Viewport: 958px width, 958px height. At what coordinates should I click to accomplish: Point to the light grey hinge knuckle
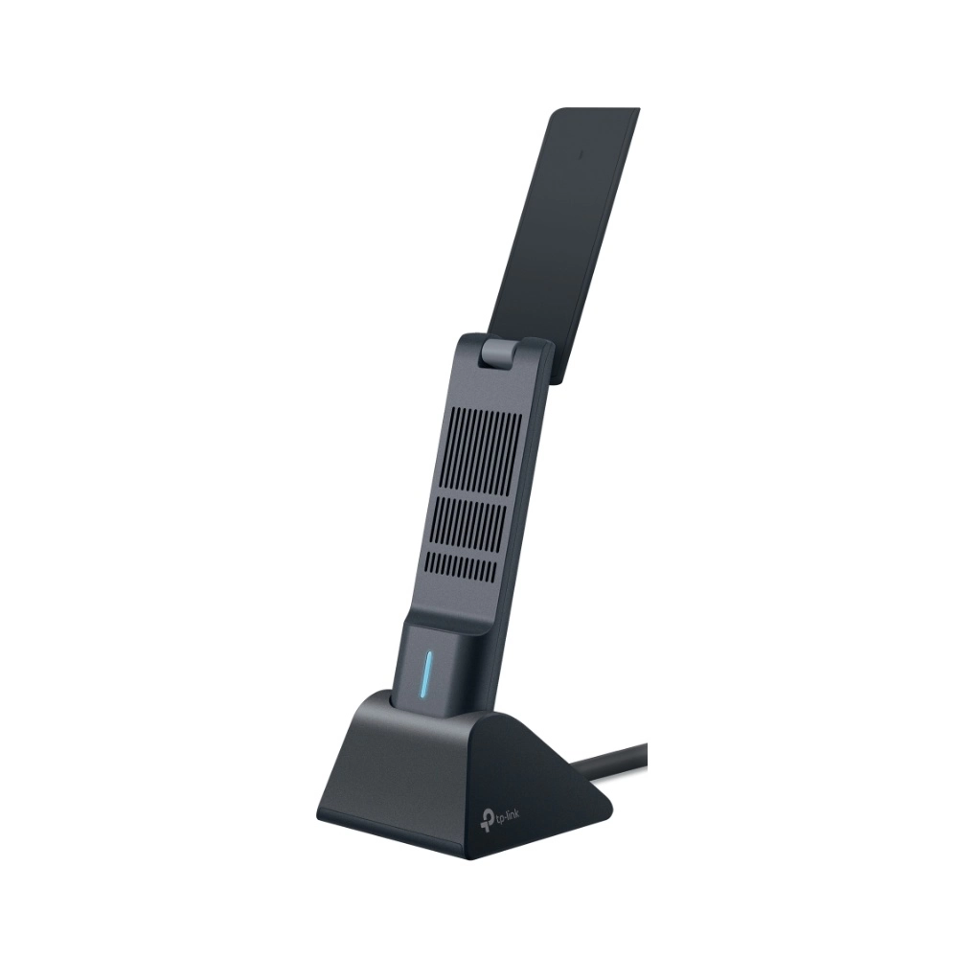[496, 354]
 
